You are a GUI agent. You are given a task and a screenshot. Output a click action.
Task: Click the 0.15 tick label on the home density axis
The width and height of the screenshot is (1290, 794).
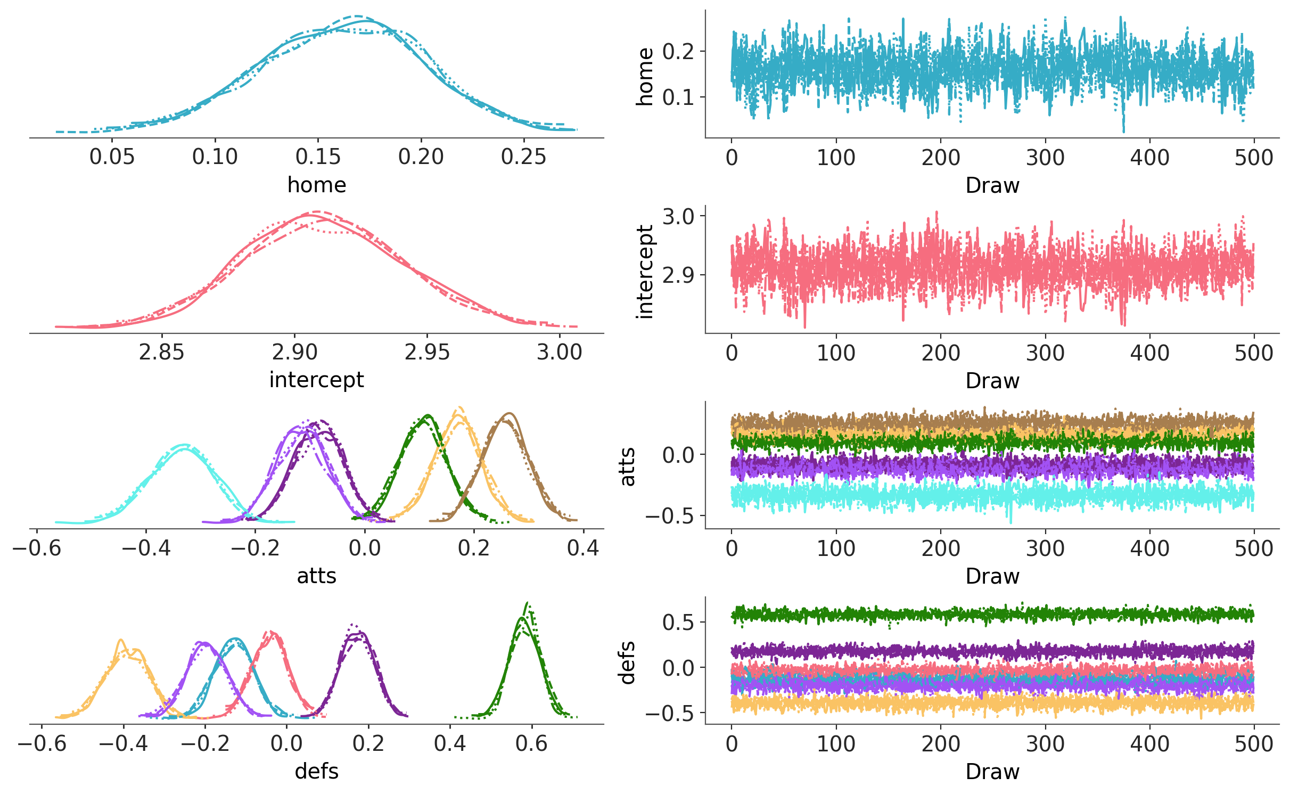(x=318, y=157)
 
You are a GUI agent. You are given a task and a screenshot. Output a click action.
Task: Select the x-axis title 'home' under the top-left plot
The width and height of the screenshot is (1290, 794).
(x=317, y=185)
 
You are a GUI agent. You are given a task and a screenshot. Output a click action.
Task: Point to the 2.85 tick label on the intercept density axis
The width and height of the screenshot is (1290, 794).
(x=161, y=353)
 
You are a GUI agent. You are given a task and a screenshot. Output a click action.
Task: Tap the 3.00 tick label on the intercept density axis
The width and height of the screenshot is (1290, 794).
(x=559, y=353)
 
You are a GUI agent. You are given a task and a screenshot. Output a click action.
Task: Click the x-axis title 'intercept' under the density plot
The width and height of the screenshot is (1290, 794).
(x=317, y=380)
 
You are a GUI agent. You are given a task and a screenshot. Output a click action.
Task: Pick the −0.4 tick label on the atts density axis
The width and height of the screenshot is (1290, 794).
(x=146, y=548)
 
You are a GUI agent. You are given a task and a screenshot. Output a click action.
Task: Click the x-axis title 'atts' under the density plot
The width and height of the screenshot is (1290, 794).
(x=317, y=576)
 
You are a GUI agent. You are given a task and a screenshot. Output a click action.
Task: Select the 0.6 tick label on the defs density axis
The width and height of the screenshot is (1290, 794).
(x=531, y=743)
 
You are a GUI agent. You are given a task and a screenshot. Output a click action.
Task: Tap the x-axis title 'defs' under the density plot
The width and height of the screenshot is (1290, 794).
(x=317, y=772)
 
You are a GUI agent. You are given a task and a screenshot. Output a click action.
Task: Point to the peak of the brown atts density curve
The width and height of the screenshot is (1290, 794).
(x=510, y=414)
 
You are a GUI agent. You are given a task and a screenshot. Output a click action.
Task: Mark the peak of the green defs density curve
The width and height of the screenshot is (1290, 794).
(x=527, y=603)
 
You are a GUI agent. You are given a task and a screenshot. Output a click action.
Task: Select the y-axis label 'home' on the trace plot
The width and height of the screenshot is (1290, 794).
(x=645, y=77)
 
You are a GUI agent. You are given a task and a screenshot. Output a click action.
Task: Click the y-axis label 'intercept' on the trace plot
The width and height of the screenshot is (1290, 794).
(x=645, y=272)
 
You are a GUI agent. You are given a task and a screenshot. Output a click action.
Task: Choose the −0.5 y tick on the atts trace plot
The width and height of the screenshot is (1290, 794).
(x=670, y=516)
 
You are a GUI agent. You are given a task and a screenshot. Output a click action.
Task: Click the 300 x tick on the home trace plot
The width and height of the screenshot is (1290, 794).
(x=1045, y=158)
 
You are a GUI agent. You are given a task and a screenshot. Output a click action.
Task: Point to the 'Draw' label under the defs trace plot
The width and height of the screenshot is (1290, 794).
(x=992, y=772)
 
